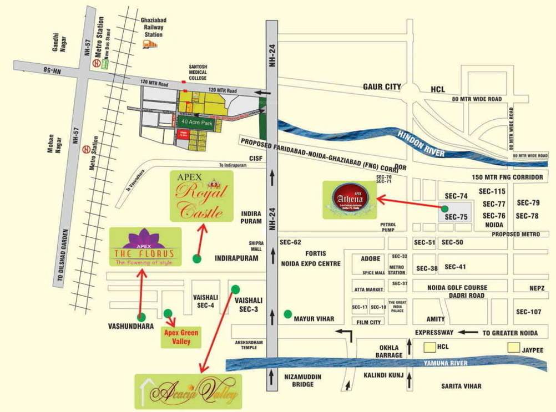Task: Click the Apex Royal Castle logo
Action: click(x=201, y=196)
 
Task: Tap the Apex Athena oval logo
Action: click(x=350, y=198)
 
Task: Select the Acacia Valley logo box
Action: click(x=188, y=391)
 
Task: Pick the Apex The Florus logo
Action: click(x=145, y=247)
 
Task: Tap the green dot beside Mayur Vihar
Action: click(x=287, y=314)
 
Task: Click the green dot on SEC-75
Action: click(x=445, y=209)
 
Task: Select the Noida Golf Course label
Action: click(x=457, y=287)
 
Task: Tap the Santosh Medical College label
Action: click(x=198, y=73)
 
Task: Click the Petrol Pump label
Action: click(x=388, y=228)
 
